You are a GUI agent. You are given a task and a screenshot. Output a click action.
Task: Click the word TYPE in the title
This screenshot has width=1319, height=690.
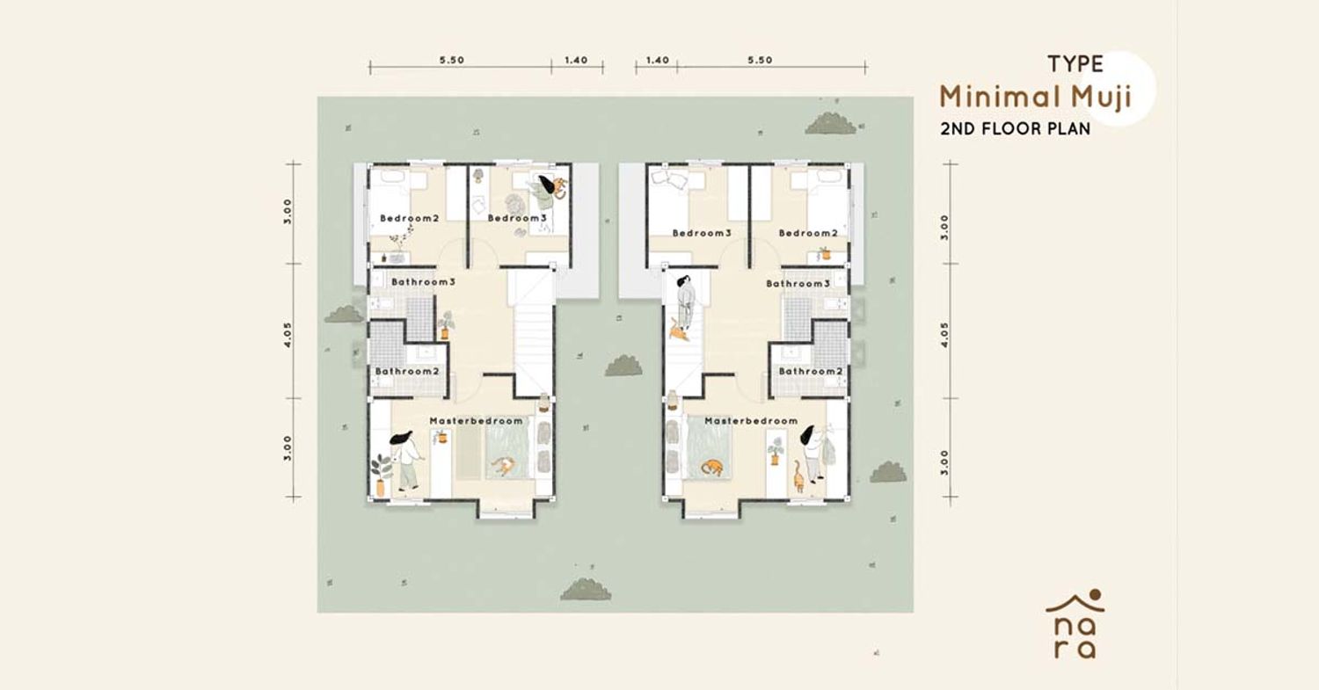[x=1075, y=64]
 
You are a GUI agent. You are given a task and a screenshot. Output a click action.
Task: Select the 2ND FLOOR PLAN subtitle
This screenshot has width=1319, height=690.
[x=1015, y=129]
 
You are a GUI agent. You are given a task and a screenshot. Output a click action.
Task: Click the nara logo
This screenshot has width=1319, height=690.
[x=1075, y=624]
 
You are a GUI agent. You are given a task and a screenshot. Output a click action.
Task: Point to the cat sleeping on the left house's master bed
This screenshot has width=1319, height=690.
[x=503, y=466]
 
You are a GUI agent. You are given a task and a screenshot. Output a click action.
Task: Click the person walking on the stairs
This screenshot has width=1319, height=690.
[x=685, y=301]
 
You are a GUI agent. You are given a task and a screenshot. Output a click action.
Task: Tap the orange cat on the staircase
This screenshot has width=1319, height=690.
[x=678, y=330]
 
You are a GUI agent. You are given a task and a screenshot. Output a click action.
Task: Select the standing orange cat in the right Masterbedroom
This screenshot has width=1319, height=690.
[x=798, y=477]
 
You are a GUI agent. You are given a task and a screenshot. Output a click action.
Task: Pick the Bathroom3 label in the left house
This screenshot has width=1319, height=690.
[x=423, y=282]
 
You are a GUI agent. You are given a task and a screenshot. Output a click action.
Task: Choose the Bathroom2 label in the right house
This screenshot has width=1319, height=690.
[x=810, y=372]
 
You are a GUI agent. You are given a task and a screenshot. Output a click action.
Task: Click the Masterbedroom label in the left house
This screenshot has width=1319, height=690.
[x=476, y=421]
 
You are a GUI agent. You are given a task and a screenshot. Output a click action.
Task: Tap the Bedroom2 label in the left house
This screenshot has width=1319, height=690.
[x=409, y=218]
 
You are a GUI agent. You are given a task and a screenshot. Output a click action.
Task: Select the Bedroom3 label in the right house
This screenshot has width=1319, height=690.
[x=702, y=233]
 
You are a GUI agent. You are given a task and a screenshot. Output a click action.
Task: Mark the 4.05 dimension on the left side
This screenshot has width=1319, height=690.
[x=288, y=334]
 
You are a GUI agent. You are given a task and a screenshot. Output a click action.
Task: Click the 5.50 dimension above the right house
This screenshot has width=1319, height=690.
[x=760, y=60]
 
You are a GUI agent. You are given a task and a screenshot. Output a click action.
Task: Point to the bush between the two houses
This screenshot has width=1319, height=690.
[x=623, y=366]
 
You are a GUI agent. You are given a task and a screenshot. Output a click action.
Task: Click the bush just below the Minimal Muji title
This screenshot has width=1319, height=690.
[x=831, y=124]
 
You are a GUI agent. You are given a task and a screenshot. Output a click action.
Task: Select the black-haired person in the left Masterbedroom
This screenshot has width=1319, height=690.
[x=405, y=460]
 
